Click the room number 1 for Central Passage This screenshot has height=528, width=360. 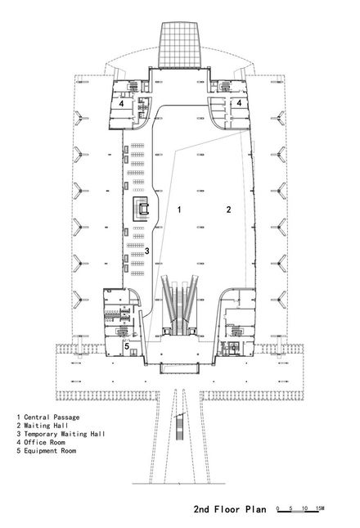pyautogui.click(x=179, y=210)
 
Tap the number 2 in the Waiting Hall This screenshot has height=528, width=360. pyautogui.click(x=229, y=210)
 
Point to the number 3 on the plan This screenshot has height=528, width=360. pyautogui.click(x=147, y=250)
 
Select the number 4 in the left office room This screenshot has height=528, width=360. pyautogui.click(x=121, y=103)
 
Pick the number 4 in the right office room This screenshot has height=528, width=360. pyautogui.click(x=239, y=102)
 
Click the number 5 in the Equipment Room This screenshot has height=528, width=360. pyautogui.click(x=127, y=345)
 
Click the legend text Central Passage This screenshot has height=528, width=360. pyautogui.click(x=52, y=417)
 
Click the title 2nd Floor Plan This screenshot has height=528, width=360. pyautogui.click(x=230, y=509)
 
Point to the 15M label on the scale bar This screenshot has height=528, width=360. pyautogui.click(x=320, y=508)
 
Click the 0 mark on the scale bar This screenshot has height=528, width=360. pyautogui.click(x=277, y=508)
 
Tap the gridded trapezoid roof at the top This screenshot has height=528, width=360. pyautogui.click(x=180, y=45)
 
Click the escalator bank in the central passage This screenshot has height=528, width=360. pyautogui.click(x=179, y=305)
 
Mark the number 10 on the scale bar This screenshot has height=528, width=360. pyautogui.click(x=305, y=508)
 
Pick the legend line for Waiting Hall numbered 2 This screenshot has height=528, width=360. pyautogui.click(x=43, y=426)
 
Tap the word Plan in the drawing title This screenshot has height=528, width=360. pyautogui.click(x=256, y=509)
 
